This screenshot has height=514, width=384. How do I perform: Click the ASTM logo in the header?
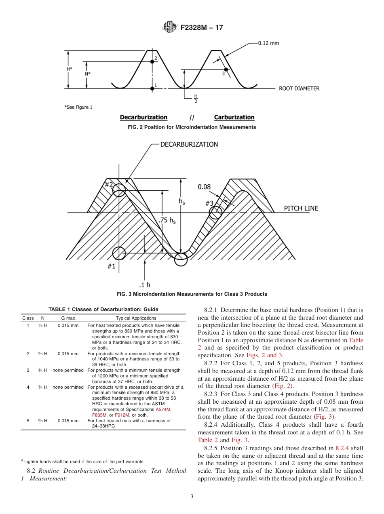point(169,27)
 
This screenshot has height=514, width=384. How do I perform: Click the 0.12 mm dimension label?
point(268,43)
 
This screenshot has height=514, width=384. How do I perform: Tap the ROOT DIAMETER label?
point(299,88)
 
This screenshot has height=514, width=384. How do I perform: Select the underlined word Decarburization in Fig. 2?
point(143,117)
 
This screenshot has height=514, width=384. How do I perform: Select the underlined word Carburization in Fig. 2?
point(234,117)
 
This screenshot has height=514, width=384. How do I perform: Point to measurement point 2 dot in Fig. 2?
point(152,61)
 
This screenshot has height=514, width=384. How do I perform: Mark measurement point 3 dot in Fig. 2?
point(226,70)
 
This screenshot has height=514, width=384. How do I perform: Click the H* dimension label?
point(70,69)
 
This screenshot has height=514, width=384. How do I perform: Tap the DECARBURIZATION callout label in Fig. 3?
point(189,144)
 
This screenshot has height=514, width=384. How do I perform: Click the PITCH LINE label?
point(301,209)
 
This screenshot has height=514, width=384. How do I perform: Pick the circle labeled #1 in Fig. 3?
point(119,253)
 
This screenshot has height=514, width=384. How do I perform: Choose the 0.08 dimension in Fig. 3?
point(204,187)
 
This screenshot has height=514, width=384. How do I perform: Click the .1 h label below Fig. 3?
point(144,284)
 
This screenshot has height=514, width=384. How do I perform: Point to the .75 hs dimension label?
point(167,221)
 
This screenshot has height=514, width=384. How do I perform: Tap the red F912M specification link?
point(122,415)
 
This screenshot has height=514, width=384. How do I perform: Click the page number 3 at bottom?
point(192,497)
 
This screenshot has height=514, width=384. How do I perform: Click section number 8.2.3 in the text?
point(213,394)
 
